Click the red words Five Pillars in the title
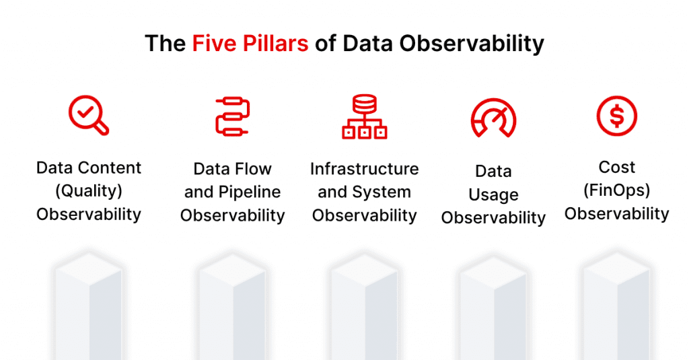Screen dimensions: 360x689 pyautogui.click(x=250, y=44)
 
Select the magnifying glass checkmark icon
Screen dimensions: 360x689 pyautogui.click(x=89, y=115)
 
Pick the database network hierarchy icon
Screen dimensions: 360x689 pyautogui.click(x=364, y=117)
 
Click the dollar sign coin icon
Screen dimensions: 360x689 pyautogui.click(x=616, y=116)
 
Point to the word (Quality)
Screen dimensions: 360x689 pyautogui.click(x=89, y=191)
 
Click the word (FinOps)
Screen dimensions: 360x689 pyautogui.click(x=616, y=190)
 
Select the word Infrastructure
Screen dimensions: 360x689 pyautogui.click(x=364, y=169)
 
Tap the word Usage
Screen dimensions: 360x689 pyautogui.click(x=493, y=195)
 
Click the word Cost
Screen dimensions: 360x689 pyautogui.click(x=616, y=167)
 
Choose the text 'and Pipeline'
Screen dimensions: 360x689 pyautogui.click(x=233, y=192)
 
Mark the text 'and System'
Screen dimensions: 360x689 pyautogui.click(x=364, y=192)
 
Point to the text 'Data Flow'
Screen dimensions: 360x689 pyautogui.click(x=233, y=169)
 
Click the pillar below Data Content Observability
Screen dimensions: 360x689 pyautogui.click(x=89, y=310)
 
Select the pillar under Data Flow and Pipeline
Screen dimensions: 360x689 pyautogui.click(x=233, y=310)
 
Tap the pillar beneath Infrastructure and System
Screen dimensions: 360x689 pyautogui.click(x=364, y=310)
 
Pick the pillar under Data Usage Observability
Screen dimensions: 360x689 pyautogui.click(x=493, y=310)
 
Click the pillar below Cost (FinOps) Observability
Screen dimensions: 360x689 pyautogui.click(x=616, y=310)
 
